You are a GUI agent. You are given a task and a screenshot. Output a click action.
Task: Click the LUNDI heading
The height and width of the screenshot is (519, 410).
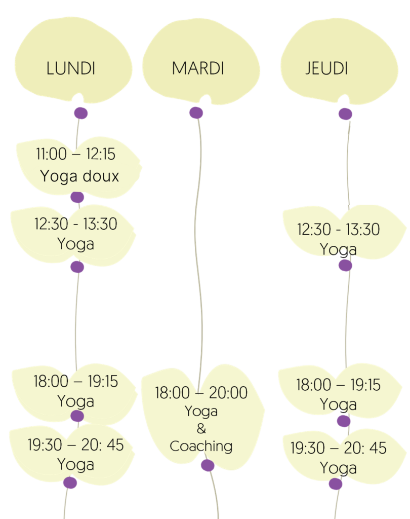(71, 68)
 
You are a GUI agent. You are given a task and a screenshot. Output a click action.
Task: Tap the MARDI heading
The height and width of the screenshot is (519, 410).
(197, 68)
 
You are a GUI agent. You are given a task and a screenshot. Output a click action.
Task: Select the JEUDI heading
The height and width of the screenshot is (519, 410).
(327, 68)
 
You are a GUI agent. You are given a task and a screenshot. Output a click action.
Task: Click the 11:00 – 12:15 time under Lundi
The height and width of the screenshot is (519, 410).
(75, 154)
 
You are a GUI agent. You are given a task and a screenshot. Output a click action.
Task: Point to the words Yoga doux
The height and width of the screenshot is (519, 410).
(79, 176)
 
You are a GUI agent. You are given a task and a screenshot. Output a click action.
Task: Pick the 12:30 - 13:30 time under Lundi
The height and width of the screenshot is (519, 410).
(75, 224)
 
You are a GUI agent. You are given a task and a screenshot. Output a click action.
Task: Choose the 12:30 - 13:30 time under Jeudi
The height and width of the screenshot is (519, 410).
(338, 230)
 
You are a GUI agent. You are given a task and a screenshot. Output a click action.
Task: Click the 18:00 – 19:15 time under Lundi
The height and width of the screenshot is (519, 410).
(75, 381)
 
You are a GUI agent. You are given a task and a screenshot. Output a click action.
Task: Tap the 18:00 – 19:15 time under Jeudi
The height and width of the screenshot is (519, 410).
(338, 385)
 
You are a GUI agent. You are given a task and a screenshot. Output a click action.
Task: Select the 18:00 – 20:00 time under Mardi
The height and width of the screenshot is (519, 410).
(201, 393)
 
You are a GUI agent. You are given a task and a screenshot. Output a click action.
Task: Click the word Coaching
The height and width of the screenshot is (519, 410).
(201, 447)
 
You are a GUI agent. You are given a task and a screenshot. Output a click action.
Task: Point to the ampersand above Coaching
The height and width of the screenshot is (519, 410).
(201, 429)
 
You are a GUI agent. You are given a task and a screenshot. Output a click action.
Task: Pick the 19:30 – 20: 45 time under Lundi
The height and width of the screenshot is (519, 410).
(75, 444)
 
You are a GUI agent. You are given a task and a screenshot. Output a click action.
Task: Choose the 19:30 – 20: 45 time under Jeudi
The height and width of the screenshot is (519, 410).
(338, 448)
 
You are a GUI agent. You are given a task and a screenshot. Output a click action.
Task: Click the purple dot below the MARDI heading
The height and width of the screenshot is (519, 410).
(196, 113)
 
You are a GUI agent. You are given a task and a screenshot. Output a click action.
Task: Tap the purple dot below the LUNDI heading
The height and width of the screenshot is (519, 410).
(80, 113)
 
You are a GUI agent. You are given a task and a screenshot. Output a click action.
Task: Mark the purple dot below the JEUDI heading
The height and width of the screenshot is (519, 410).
(345, 114)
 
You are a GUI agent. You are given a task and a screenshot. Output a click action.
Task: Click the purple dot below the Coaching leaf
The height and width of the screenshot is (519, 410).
(208, 465)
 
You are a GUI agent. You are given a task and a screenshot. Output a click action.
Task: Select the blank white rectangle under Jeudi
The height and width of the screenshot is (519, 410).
(342, 169)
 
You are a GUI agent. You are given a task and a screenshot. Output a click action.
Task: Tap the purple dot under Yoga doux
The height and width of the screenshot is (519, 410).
(77, 197)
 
